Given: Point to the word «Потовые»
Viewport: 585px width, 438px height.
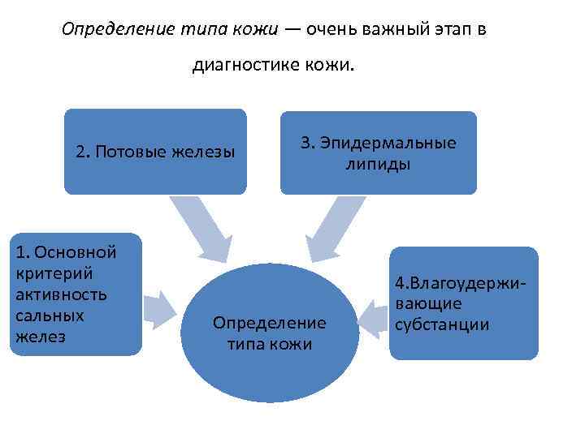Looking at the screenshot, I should tap(131, 152).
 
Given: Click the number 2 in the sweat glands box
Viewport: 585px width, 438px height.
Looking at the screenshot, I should tap(80, 152).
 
